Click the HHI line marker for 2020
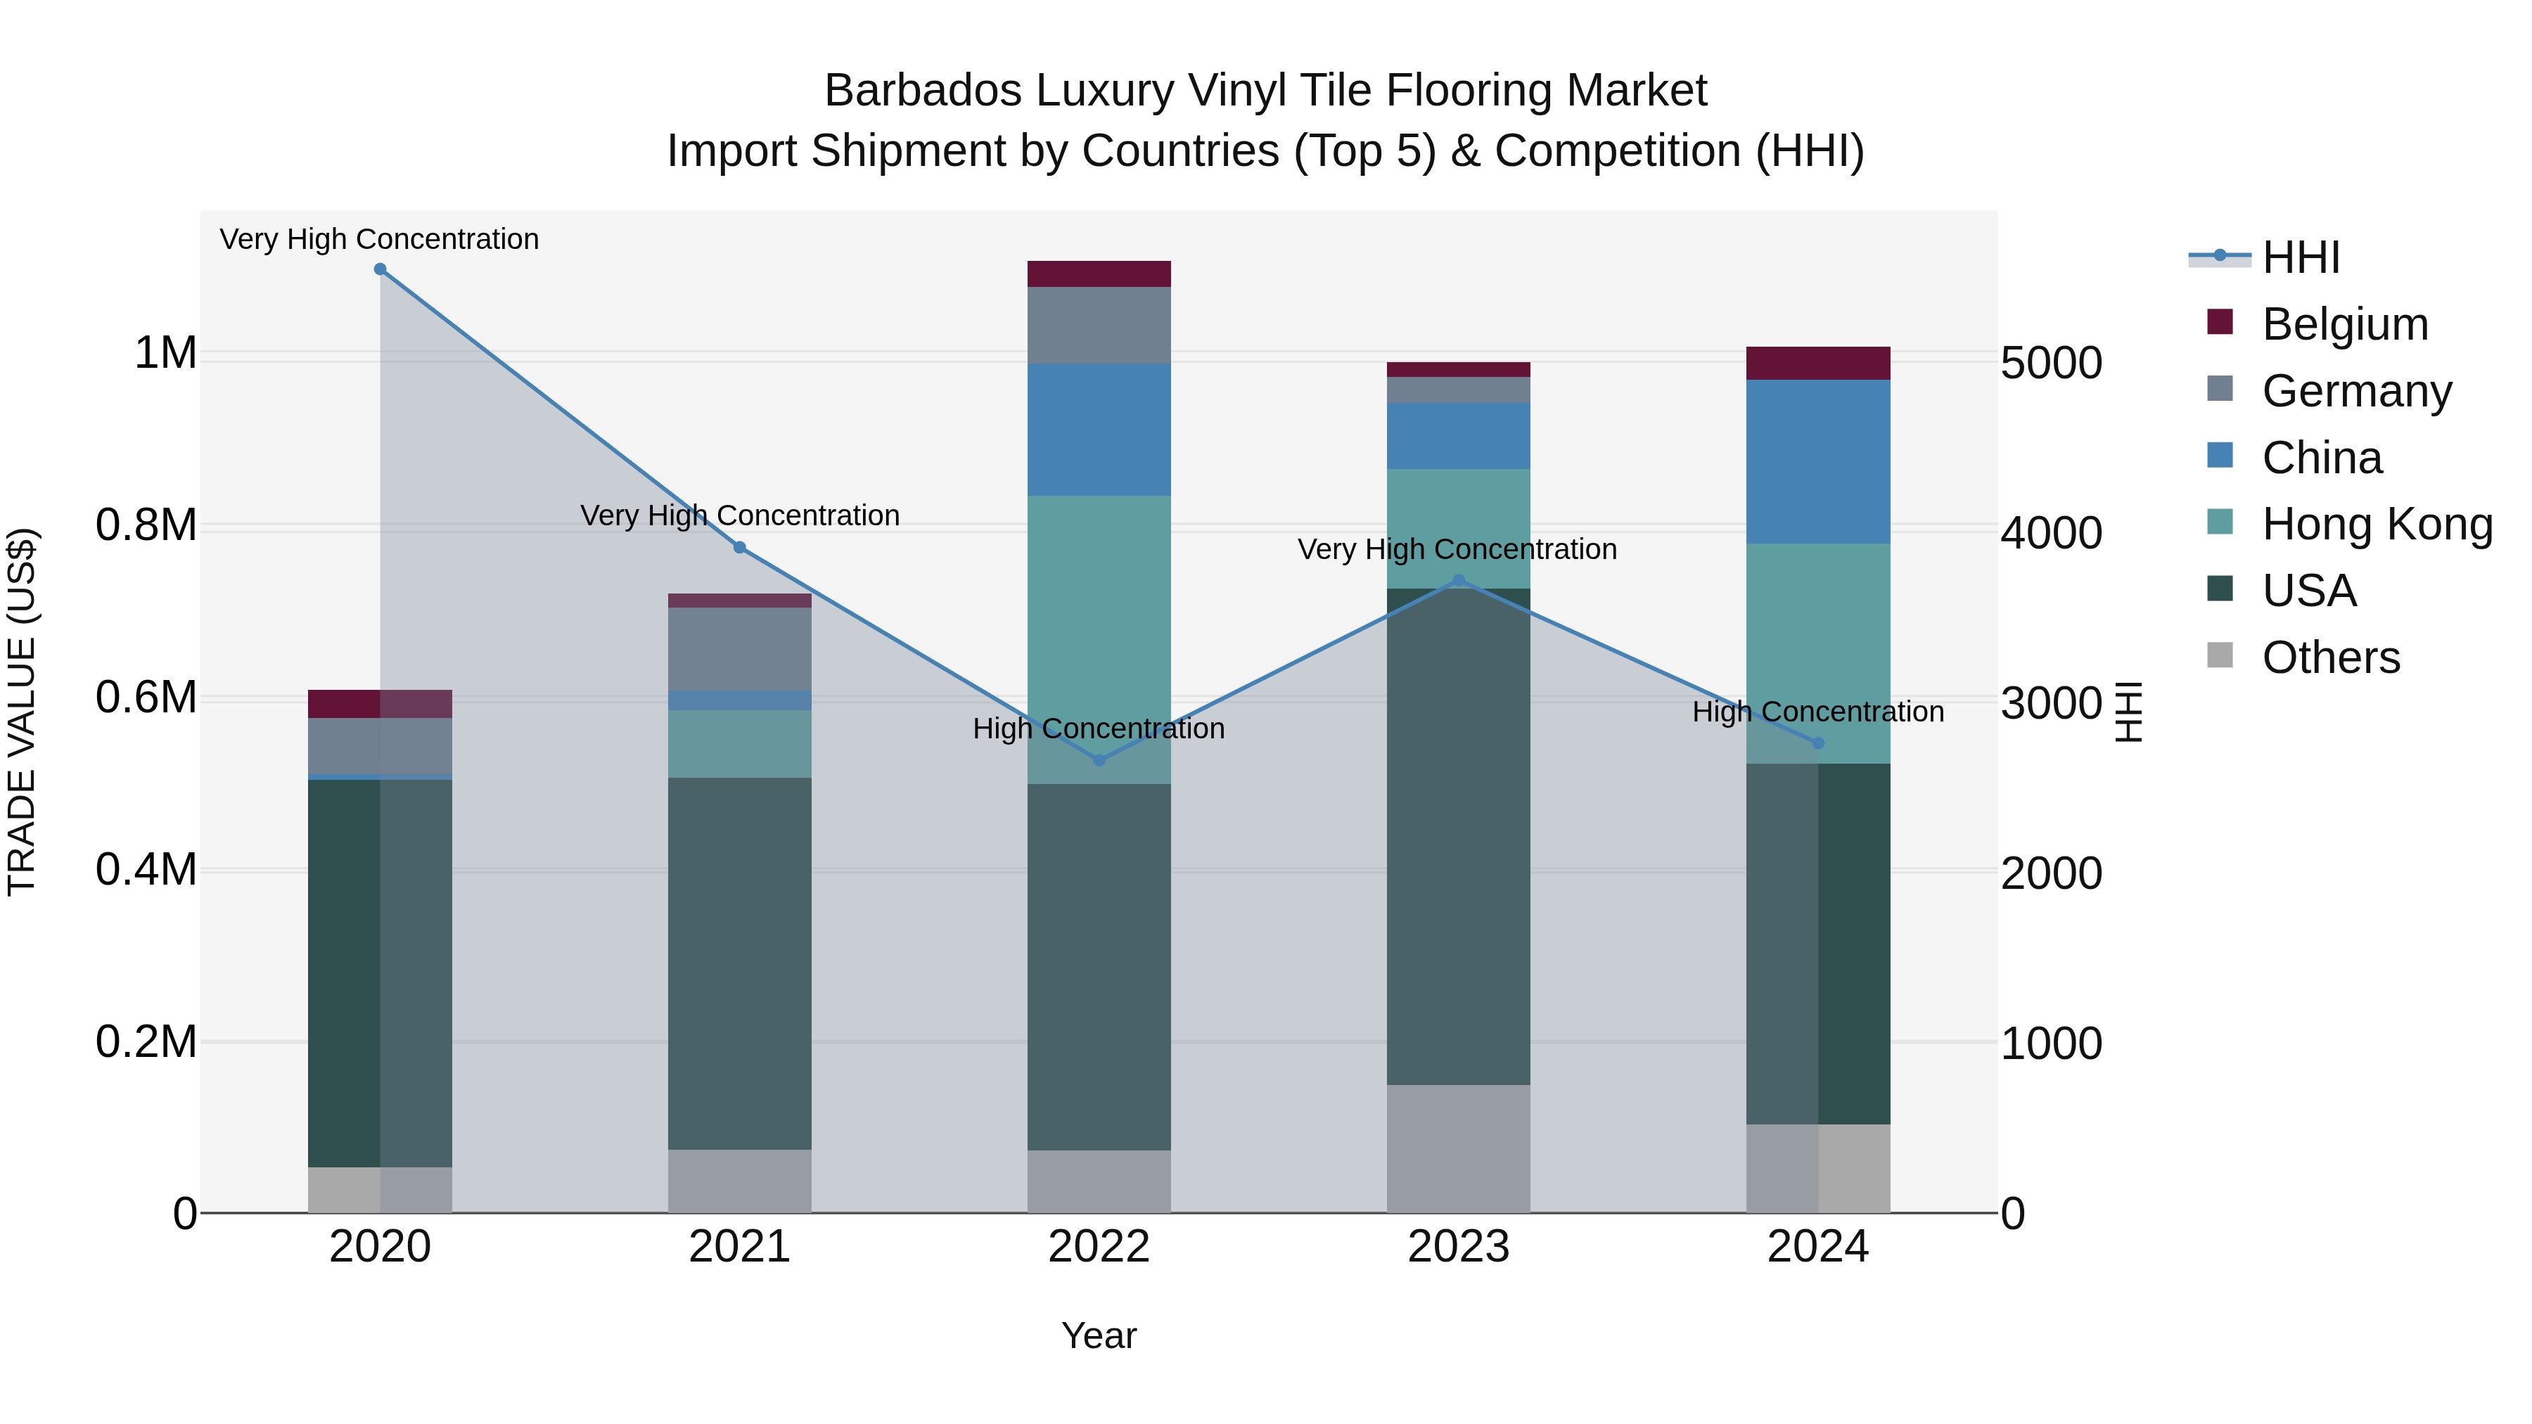click(x=381, y=269)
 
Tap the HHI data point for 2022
click(x=1099, y=759)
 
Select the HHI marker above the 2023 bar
click(x=1459, y=581)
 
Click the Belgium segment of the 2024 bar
click(x=1817, y=364)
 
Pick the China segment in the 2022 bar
click(x=1099, y=430)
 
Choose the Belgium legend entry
click(x=2344, y=324)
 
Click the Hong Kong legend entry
click(x=2376, y=524)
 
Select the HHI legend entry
click(x=2300, y=257)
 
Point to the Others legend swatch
click(x=2220, y=655)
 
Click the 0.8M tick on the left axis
click(x=146, y=526)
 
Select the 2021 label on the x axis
click(x=739, y=1247)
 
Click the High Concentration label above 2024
click(x=1817, y=712)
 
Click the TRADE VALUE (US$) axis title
click(x=23, y=712)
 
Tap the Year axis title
click(x=1099, y=1335)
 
